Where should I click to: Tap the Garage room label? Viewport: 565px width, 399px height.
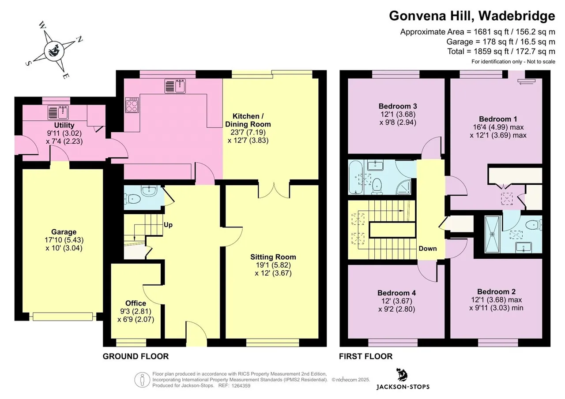(64, 232)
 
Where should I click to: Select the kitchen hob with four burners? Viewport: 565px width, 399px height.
(132, 105)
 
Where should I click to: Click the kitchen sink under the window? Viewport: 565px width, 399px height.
(175, 86)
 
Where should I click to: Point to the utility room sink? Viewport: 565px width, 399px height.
(58, 112)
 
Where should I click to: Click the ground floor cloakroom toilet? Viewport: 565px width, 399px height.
(132, 199)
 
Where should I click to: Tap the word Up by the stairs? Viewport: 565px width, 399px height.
(168, 225)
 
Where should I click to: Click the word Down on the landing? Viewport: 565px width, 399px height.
(428, 249)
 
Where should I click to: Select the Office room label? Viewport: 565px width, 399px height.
(136, 303)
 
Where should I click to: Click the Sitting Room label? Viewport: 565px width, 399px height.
(273, 257)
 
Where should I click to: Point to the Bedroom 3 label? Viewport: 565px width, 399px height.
(398, 106)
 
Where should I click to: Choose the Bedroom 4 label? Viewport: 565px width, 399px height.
(396, 293)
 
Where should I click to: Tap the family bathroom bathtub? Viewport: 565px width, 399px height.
(355, 177)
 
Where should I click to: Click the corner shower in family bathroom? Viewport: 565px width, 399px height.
(403, 187)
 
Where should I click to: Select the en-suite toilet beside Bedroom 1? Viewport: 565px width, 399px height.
(534, 224)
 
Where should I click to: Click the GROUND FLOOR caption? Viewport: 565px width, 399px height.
(136, 356)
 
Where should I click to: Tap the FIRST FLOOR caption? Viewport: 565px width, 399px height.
(366, 356)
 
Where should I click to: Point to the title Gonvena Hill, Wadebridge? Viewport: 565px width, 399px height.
(472, 16)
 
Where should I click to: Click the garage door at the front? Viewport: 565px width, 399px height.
(63, 317)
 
